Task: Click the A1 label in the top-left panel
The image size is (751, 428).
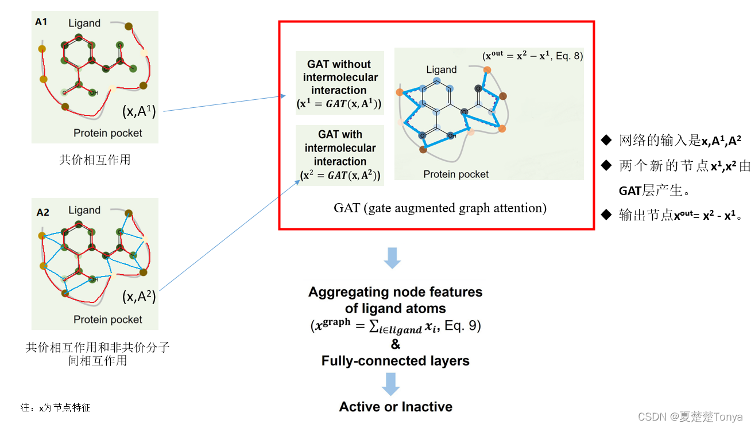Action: tap(41, 22)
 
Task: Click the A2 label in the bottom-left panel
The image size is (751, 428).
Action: tap(42, 212)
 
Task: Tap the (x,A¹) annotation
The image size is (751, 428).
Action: tap(139, 111)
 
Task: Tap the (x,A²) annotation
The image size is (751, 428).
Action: tap(139, 297)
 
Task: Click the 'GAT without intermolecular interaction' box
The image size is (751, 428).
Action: tap(339, 84)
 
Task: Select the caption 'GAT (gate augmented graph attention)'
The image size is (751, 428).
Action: tap(440, 208)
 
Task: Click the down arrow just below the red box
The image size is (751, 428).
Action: tap(392, 258)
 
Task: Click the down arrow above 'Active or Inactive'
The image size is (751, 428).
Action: tap(391, 383)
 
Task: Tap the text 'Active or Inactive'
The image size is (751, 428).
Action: tap(396, 407)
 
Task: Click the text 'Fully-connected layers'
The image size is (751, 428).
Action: tap(395, 361)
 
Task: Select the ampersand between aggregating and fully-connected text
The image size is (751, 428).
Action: tap(395, 344)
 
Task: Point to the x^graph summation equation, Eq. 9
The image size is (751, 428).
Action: tap(395, 326)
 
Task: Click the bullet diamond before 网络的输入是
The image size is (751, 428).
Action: tap(606, 139)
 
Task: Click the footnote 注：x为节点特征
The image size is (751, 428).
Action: tap(55, 408)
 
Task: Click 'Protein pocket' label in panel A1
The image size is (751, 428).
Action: tap(108, 133)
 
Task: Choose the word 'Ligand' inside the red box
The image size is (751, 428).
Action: tap(441, 70)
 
